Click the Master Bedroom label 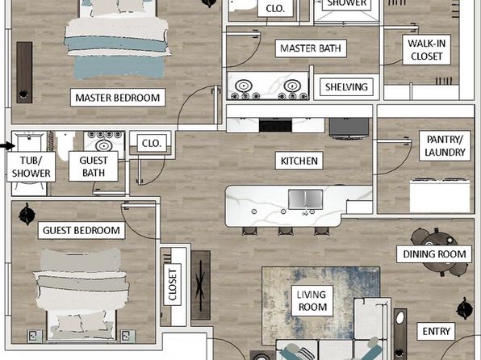(x=118, y=98)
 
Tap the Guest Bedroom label (x=82, y=230)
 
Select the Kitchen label (x=299, y=161)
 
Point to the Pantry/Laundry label (x=445, y=146)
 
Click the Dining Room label (x=434, y=254)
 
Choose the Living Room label (x=312, y=301)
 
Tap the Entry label (x=436, y=331)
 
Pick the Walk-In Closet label (x=426, y=50)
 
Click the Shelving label (x=346, y=87)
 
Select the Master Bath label (x=311, y=48)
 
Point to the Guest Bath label (x=94, y=166)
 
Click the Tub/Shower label (x=31, y=166)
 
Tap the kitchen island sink (x=306, y=199)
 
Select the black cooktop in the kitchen (x=275, y=126)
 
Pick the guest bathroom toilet (x=65, y=146)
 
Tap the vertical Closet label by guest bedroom (x=173, y=284)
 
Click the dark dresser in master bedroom (x=24, y=73)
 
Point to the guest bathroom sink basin (x=104, y=145)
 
